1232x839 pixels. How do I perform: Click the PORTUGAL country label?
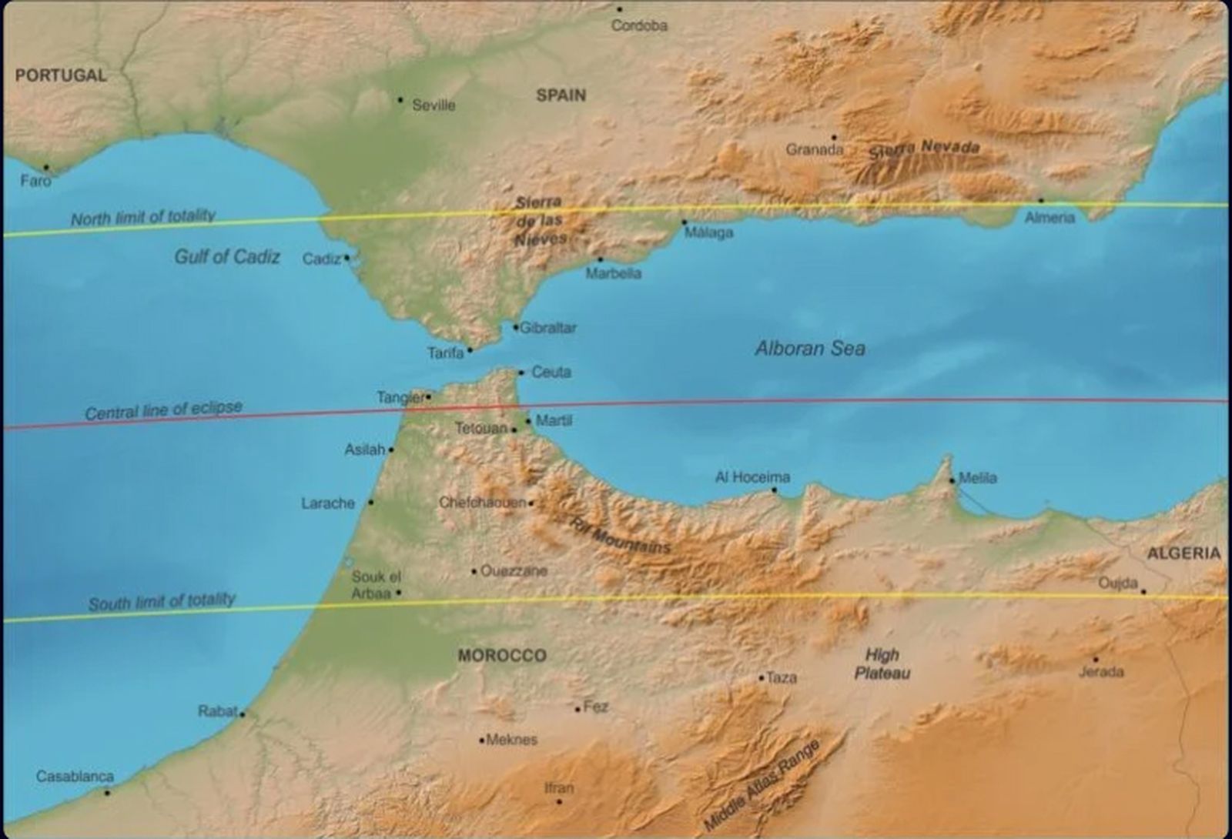pyautogui.click(x=61, y=75)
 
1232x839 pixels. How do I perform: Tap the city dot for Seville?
pyautogui.click(x=400, y=100)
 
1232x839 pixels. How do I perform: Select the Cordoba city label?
pyautogui.click(x=639, y=25)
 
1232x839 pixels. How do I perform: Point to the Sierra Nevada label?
pyautogui.click(x=925, y=148)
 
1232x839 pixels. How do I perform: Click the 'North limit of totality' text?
pyautogui.click(x=143, y=218)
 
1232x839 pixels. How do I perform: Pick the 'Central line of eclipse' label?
pyautogui.click(x=163, y=410)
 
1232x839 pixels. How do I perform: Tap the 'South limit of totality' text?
pyautogui.click(x=162, y=602)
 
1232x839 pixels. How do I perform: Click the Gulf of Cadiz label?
pyautogui.click(x=227, y=256)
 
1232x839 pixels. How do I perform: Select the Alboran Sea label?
pyautogui.click(x=810, y=349)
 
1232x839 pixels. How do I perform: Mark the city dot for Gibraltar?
pyautogui.click(x=516, y=327)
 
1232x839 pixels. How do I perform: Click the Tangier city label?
pyautogui.click(x=400, y=397)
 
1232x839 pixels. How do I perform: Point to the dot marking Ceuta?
pyautogui.click(x=521, y=373)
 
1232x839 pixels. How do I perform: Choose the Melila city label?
pyautogui.click(x=978, y=478)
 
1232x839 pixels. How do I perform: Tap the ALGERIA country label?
pyautogui.click(x=1183, y=553)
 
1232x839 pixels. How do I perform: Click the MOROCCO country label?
pyautogui.click(x=502, y=656)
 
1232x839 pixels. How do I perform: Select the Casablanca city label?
pyautogui.click(x=75, y=776)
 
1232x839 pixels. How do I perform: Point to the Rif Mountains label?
pyautogui.click(x=620, y=535)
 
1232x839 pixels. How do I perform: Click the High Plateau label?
pyautogui.click(x=882, y=664)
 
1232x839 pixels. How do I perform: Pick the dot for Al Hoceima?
pyautogui.click(x=774, y=490)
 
